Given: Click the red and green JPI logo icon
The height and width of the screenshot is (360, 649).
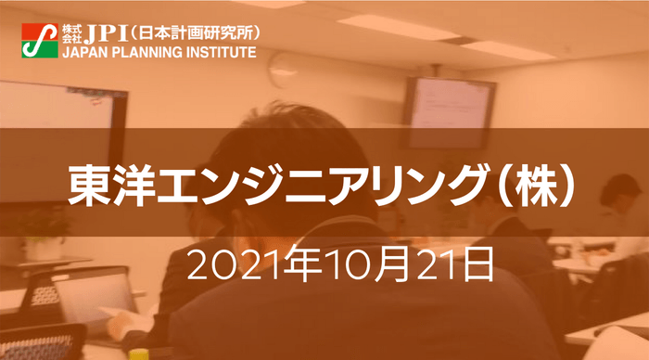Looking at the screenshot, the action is [40, 41].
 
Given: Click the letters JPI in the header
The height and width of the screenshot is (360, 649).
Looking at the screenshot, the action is [106, 34].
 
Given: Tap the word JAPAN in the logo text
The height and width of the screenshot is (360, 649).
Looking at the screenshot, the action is [81, 52].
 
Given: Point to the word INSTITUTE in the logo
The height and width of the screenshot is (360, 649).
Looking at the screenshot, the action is [219, 52].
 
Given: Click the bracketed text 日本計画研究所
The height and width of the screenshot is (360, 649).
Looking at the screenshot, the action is [195, 33].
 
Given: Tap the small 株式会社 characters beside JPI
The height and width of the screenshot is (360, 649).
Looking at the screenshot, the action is [72, 34].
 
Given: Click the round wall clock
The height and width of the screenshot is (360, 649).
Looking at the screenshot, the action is [283, 70].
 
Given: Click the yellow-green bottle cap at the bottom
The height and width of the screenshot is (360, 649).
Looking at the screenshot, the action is [138, 354].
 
